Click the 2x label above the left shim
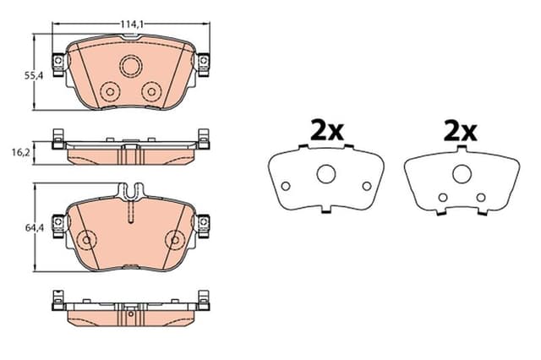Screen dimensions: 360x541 pos(325,131)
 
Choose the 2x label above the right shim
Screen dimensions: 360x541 pos(459,131)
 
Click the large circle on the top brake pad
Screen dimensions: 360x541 pos(131,66)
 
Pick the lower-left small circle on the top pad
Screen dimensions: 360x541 pos(108,91)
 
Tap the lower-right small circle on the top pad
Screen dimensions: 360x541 pos(153,91)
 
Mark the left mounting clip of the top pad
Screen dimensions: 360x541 pos(57,63)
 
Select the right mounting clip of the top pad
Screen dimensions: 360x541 pos(204,63)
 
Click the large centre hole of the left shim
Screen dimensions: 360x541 pos(325,174)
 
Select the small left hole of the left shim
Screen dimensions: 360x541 pos(286,187)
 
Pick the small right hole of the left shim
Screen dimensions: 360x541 pos(366,187)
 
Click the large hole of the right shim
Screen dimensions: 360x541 pos(461,173)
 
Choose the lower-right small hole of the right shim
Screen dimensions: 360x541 pos(480,198)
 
